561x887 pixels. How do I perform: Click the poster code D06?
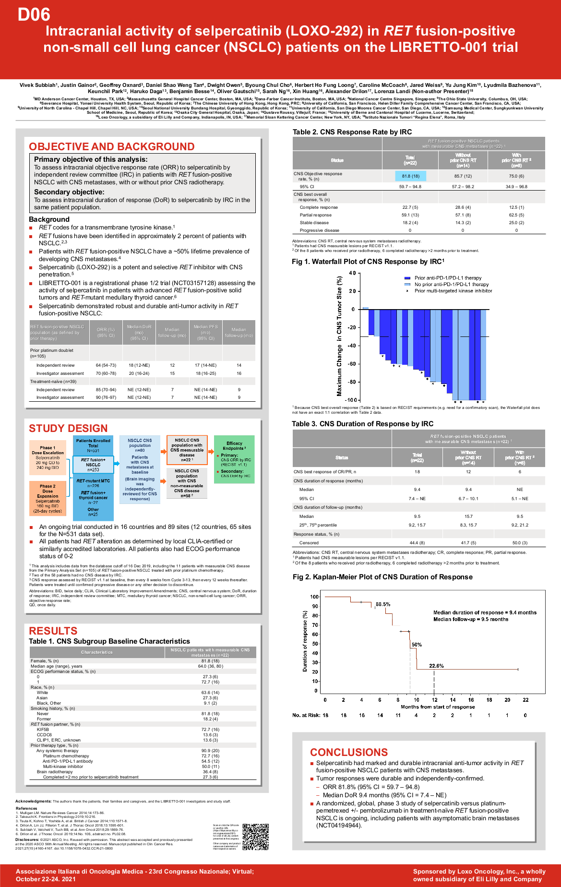(x=34, y=14)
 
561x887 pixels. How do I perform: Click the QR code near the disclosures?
(x=255, y=837)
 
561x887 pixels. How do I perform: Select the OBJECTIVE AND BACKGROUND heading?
(x=112, y=146)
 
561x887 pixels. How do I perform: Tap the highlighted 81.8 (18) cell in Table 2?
(x=410, y=176)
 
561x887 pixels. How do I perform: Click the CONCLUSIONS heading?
(x=348, y=752)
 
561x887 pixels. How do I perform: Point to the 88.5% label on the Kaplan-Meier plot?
(x=382, y=604)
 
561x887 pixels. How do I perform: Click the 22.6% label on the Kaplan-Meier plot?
(x=436, y=666)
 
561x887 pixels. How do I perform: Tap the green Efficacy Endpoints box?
(x=234, y=459)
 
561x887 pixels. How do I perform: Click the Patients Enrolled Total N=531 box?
(x=93, y=445)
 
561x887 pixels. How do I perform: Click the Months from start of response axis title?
(x=438, y=707)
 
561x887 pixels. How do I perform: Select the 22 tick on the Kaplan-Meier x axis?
(x=525, y=700)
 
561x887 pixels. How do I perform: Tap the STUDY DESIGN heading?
(x=68, y=428)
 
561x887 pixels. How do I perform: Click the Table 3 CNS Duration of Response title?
(x=362, y=424)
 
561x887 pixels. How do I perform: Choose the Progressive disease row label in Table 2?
(x=319, y=230)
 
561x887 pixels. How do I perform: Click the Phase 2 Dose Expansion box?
(x=48, y=498)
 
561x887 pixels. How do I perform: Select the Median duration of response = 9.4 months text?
(x=485, y=612)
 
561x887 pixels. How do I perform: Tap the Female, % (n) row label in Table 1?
(x=45, y=661)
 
